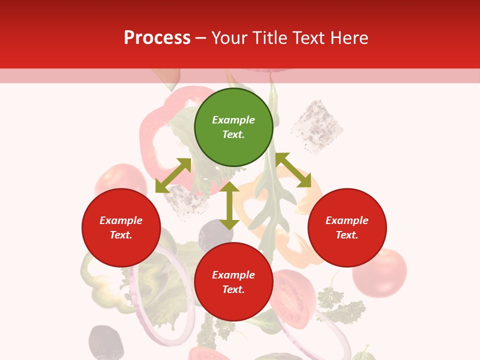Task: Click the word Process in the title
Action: [157, 37]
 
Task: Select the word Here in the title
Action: [348, 37]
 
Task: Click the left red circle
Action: [121, 228]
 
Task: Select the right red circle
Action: [347, 228]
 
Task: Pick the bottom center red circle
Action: [233, 282]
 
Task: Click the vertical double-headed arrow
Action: [229, 205]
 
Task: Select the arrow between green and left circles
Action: [173, 175]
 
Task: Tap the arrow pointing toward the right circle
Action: [293, 170]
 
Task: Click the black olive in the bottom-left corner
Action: [105, 342]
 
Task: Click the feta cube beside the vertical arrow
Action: [186, 202]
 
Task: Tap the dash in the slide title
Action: [201, 38]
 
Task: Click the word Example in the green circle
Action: [233, 120]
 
